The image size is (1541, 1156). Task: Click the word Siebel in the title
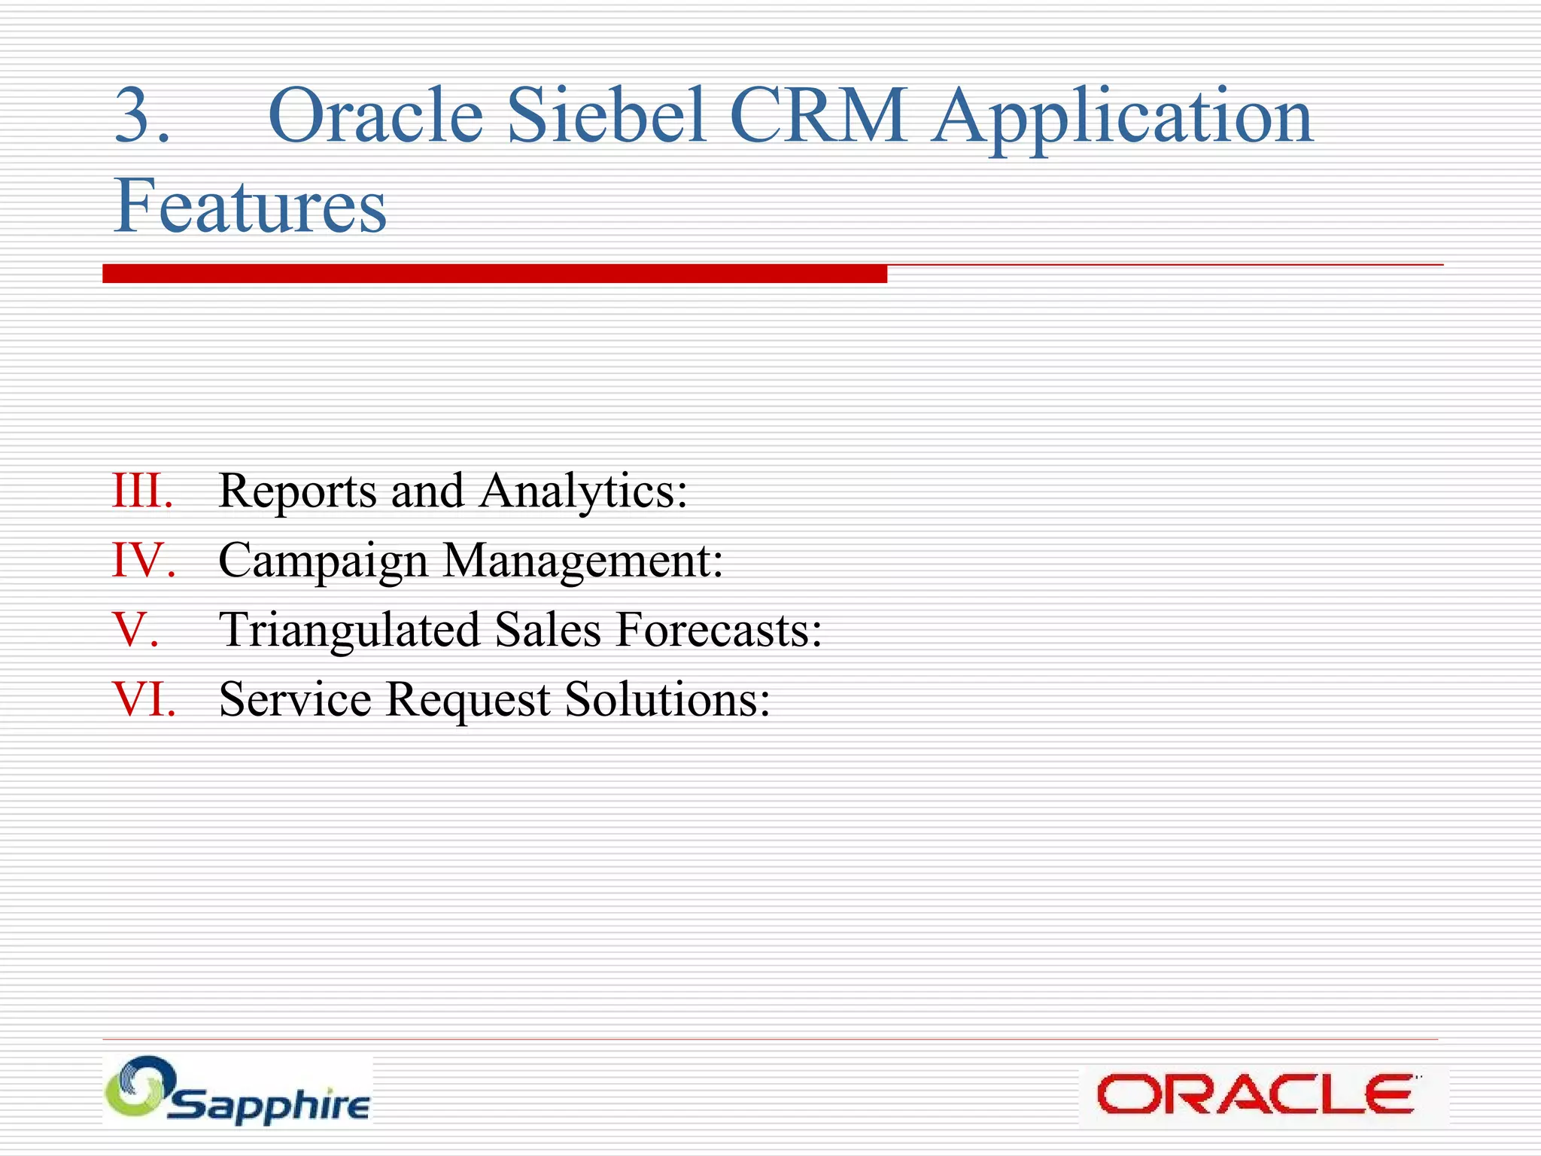[x=606, y=116]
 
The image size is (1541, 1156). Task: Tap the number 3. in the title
[x=141, y=116]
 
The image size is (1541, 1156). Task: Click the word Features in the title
[x=250, y=205]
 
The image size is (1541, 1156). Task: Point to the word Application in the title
[x=1122, y=117]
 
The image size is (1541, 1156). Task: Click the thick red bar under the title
[x=494, y=273]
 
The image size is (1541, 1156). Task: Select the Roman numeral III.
[x=142, y=491]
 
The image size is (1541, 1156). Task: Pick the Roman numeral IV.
[x=144, y=561]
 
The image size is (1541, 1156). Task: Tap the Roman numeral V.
[x=135, y=630]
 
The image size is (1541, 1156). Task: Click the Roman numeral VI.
[x=144, y=699]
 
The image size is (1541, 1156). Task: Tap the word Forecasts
[x=719, y=630]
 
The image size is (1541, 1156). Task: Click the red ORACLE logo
[x=1254, y=1094]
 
